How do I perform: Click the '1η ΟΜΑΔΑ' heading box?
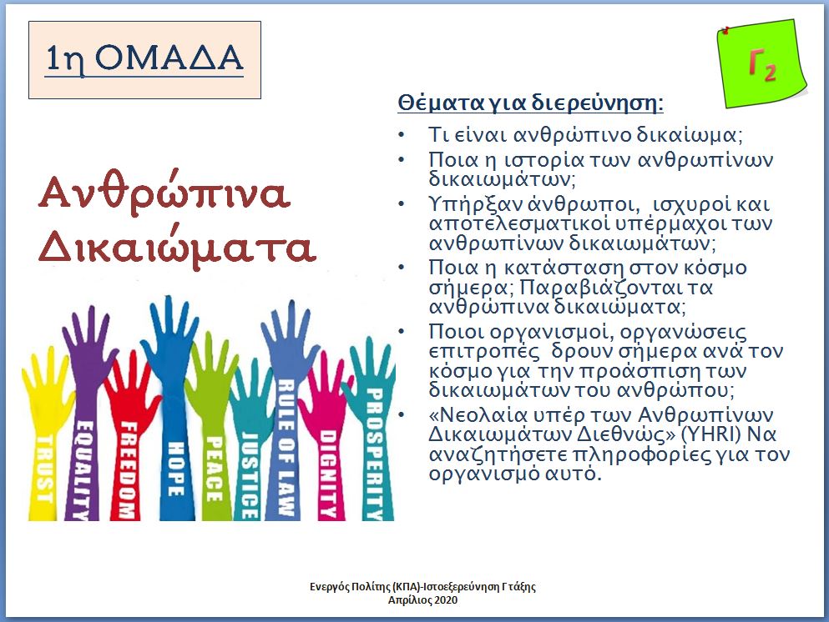click(145, 60)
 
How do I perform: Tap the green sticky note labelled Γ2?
click(762, 64)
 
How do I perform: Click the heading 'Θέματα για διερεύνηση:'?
click(530, 102)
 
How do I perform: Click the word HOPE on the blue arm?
click(176, 469)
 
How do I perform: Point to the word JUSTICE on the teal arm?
click(250, 475)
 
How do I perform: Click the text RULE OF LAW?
click(286, 447)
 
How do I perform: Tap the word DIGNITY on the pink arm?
click(328, 473)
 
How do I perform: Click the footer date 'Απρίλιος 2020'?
click(423, 599)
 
